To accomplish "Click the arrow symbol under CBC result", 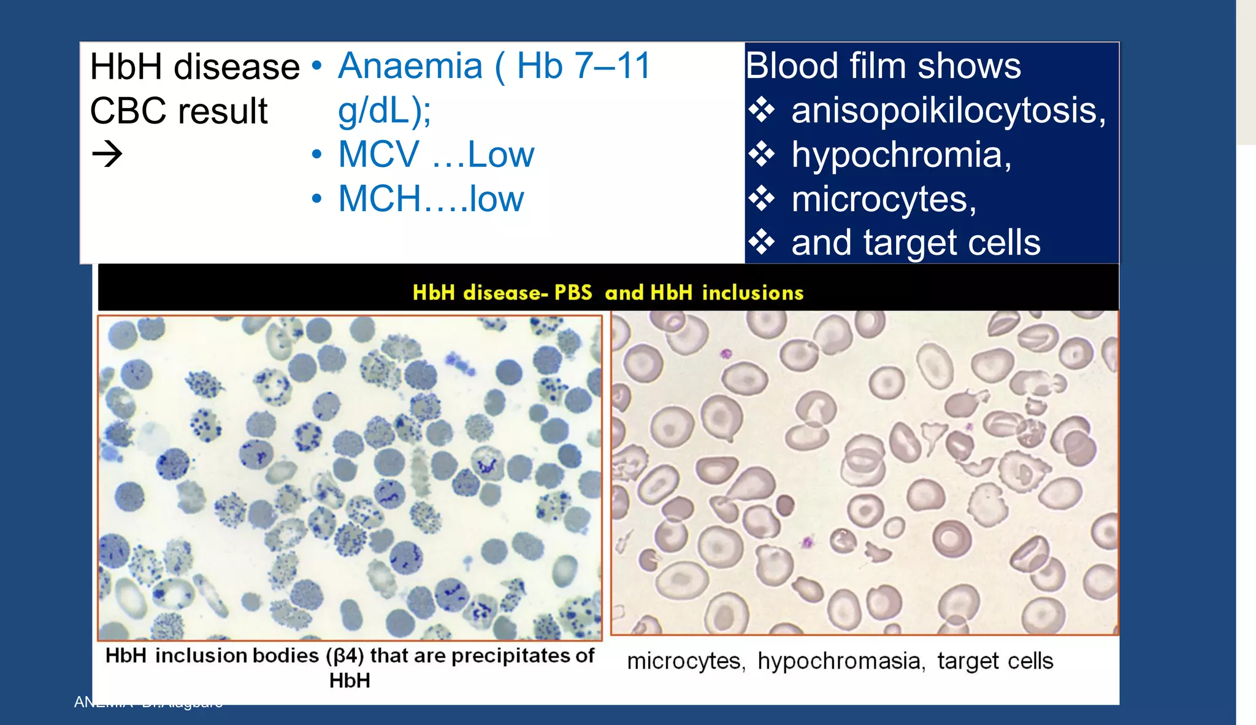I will pos(107,153).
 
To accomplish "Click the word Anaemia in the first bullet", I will pos(410,66).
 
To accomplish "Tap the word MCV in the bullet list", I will pos(378,154).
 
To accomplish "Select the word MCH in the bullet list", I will pos(380,199).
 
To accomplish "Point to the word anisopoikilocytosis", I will pos(948,110).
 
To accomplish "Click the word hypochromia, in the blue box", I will pos(901,155).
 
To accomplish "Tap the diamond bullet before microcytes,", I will pos(762,199).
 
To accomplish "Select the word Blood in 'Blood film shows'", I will pos(792,66).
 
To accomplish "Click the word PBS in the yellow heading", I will pos(573,292).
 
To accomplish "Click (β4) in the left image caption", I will pos(345,656).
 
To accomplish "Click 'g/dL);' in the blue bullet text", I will pos(384,110).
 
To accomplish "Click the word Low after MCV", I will pos(500,154).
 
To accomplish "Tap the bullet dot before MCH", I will pos(316,199).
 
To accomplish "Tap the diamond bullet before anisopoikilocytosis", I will pos(762,110).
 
